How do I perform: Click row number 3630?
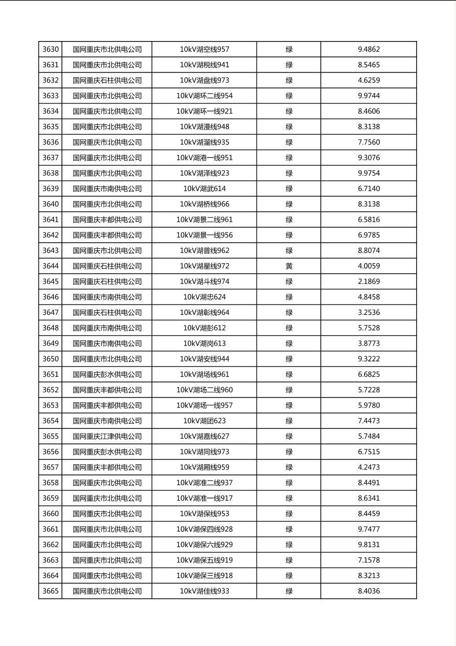coord(51,50)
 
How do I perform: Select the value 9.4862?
coord(369,50)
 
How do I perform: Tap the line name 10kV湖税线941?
coord(204,65)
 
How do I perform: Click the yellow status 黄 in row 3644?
coord(289,266)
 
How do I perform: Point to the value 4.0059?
coord(369,266)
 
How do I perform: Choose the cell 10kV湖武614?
coord(204,189)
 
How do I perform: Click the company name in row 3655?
coord(107,437)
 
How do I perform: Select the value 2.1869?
coord(369,282)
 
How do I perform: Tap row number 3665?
coord(51,591)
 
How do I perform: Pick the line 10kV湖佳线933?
coord(204,591)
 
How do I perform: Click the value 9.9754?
coord(369,173)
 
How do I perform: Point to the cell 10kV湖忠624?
coord(204,297)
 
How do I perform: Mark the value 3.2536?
coord(369,313)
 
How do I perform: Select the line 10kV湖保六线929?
coord(204,545)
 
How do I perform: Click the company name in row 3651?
coord(107,375)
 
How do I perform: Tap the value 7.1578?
coord(369,560)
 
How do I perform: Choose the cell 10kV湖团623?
coord(204,421)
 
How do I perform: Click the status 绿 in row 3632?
coord(289,80)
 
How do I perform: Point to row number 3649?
coord(51,343)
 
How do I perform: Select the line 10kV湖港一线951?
coord(204,158)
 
